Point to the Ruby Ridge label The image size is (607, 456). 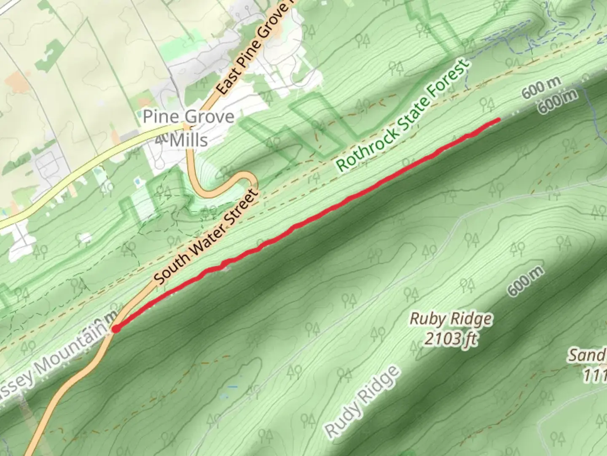pyautogui.click(x=451, y=319)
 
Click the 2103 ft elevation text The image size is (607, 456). pyautogui.click(x=451, y=338)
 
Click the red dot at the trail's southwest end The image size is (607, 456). pyautogui.click(x=115, y=329)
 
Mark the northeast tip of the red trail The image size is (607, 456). pyautogui.click(x=499, y=120)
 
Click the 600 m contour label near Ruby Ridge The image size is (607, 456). pyautogui.click(x=526, y=281)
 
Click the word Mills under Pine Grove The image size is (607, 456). pyautogui.click(x=188, y=140)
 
